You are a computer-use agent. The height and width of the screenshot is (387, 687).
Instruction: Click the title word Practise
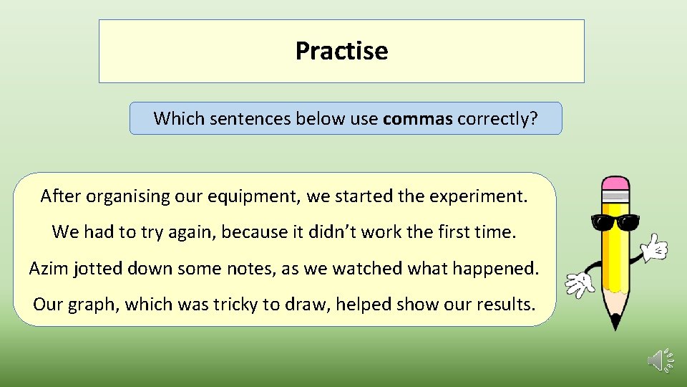[341, 51]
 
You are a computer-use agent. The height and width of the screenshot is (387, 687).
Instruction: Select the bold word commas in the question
[418, 118]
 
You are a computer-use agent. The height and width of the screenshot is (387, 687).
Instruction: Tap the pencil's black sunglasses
[615, 223]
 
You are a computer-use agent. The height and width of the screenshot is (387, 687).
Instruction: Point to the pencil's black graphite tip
[615, 322]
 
